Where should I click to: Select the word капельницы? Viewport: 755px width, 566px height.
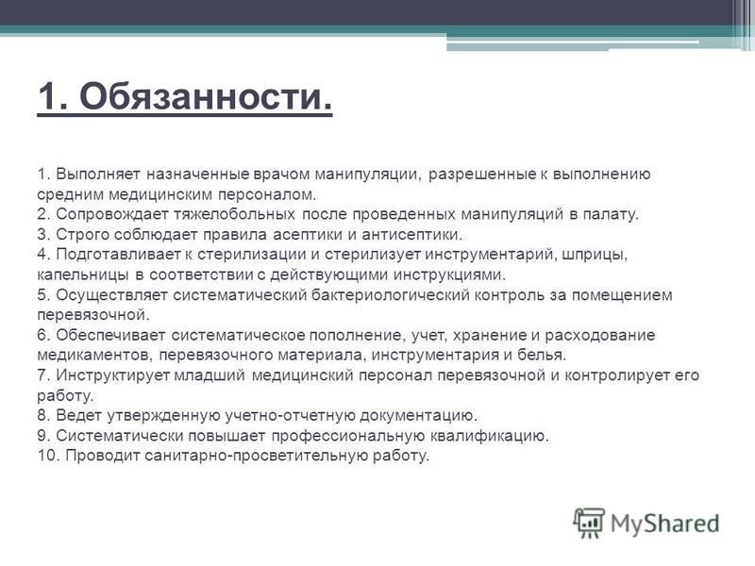click(83, 275)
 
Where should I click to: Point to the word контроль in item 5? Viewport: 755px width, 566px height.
click(510, 295)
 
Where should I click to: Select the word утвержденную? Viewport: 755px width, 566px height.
click(162, 415)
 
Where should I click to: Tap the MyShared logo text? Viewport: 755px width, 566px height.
click(665, 524)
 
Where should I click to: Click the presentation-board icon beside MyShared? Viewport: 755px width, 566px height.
click(589, 523)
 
